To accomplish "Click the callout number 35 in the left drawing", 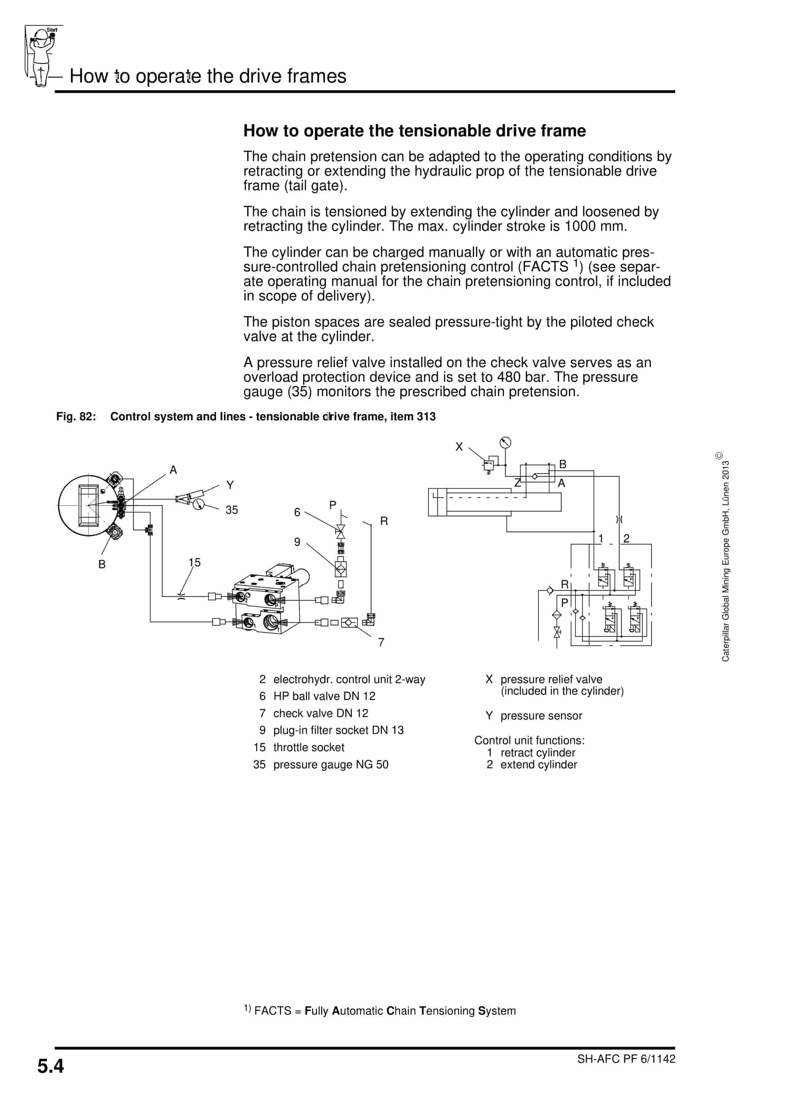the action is [231, 510].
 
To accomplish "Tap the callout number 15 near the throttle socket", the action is [194, 562].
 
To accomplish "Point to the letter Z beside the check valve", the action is [517, 483].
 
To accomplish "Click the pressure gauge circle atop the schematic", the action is [505, 442].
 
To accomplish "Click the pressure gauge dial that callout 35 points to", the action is [198, 505].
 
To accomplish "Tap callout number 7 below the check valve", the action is [381, 642].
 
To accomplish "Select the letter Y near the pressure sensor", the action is [230, 485].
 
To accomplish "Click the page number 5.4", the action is [51, 1066].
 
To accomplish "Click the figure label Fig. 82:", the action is [76, 417].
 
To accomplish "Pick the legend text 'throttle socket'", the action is [309, 747].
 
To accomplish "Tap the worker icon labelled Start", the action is [43, 56].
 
